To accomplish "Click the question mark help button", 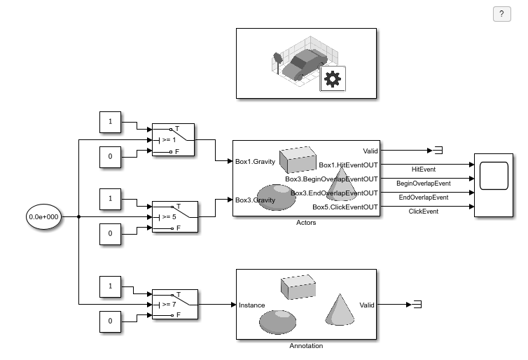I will point(501,15).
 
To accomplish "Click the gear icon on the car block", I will point(333,80).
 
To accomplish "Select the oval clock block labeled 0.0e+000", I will point(43,217).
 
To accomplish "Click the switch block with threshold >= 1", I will point(174,139).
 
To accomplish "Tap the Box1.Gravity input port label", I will point(255,162).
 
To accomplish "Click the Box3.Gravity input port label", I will point(255,200).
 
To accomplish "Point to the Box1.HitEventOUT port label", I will point(348,165).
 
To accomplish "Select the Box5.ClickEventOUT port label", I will point(345,207).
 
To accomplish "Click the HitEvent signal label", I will point(424,169).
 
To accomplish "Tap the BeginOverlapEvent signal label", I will point(423,184).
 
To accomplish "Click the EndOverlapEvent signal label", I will point(423,198).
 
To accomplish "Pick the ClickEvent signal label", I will point(423,212).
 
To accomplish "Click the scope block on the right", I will point(498,185).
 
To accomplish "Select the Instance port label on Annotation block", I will point(251,305).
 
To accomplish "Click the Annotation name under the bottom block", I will point(306,346).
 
